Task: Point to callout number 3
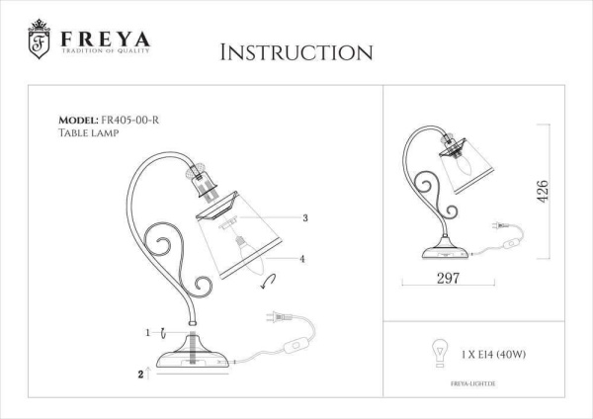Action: (305, 217)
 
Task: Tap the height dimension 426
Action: (542, 192)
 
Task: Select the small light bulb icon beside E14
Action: (432, 352)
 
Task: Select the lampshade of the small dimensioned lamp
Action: (474, 176)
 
